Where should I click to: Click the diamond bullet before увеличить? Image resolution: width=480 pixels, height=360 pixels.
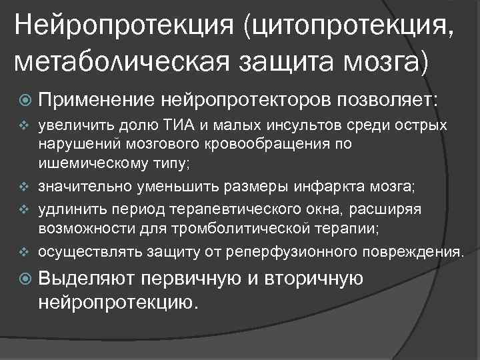pyautogui.click(x=23, y=125)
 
